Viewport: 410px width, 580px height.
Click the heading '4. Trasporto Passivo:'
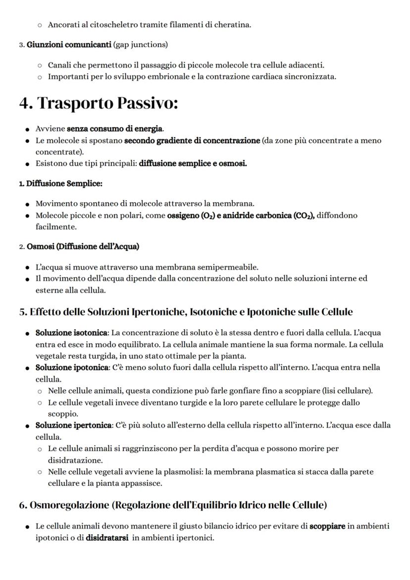pos(99,103)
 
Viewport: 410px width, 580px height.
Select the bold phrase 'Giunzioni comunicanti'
pos(69,45)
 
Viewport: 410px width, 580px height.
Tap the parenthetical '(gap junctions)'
pos(141,45)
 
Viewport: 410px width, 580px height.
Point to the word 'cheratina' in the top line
pos(232,25)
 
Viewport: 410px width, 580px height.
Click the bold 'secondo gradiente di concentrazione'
pos(192,140)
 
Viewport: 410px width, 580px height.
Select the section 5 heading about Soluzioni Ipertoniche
pos(186,312)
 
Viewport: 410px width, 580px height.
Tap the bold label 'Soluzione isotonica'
pos(71,333)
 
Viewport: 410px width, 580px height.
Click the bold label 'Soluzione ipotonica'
pos(72,368)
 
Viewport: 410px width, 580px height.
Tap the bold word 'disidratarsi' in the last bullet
pos(103,537)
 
